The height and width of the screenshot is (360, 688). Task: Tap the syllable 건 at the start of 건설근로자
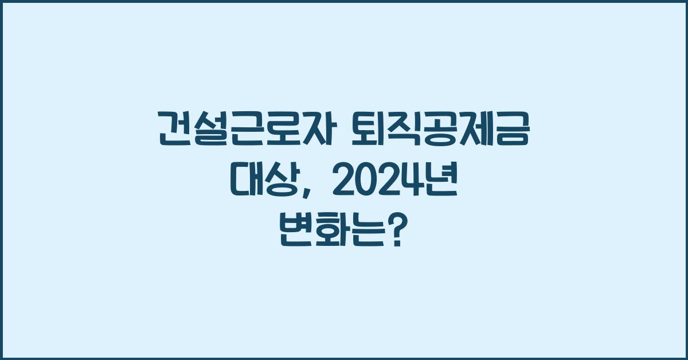point(174,130)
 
